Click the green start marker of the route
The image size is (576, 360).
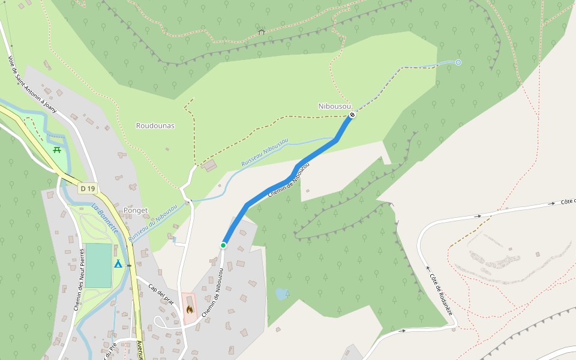223,245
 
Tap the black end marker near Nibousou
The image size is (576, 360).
352,115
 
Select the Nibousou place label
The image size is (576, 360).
334,106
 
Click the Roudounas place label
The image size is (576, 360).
155,126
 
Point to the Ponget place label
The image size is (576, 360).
135,211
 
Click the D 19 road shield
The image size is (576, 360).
87,188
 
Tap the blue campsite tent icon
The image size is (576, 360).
118,263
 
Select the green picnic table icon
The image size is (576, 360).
57,149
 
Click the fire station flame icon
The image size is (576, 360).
190,310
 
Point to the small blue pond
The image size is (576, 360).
281,293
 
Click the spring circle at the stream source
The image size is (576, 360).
458,62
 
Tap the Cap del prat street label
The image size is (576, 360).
160,294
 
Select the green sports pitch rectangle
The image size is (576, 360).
98,265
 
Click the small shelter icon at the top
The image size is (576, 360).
261,32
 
